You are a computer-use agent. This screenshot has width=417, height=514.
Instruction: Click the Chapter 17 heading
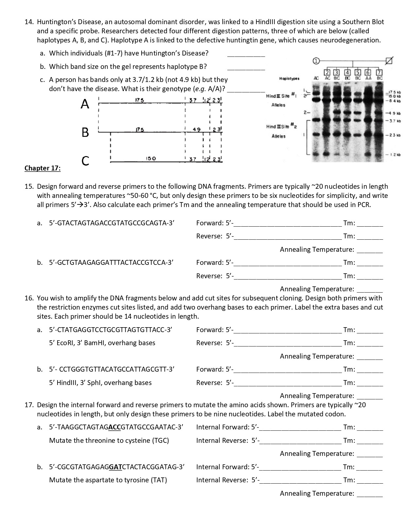42,168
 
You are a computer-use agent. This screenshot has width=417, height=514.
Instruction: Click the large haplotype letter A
85,104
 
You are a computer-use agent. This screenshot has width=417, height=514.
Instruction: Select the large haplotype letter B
85,132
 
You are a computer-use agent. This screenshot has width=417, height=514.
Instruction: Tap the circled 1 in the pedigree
315,61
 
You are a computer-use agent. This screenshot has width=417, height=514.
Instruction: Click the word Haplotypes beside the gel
289,79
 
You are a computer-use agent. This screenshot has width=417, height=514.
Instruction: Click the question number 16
29,298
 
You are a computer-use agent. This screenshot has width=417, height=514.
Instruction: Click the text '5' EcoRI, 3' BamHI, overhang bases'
102,343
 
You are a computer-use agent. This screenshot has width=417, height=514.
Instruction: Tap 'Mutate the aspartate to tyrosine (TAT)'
108,480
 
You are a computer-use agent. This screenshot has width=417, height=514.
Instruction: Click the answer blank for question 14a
246,54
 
